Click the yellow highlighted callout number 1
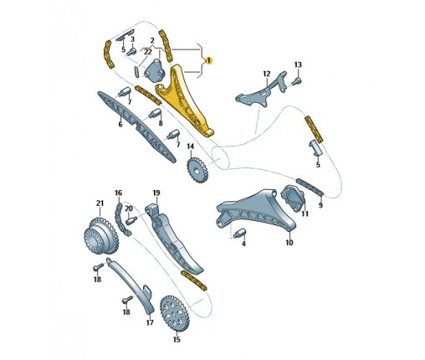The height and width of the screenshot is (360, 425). (x=208, y=60)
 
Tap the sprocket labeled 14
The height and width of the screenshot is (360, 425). (x=197, y=170)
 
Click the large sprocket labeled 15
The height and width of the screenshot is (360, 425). (x=173, y=314)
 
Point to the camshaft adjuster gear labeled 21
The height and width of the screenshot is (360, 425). (x=100, y=235)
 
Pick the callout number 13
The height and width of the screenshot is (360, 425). (x=298, y=64)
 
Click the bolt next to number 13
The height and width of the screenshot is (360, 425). (x=296, y=81)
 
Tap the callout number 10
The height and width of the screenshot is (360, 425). (x=289, y=242)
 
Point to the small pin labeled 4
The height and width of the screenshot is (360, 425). (x=240, y=234)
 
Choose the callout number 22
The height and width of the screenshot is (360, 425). (x=147, y=52)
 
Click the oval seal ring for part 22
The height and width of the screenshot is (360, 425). (x=136, y=72)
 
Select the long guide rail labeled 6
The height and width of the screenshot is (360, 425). (x=136, y=127)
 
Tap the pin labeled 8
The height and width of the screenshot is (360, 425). (x=155, y=114)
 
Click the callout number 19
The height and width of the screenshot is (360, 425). (x=156, y=193)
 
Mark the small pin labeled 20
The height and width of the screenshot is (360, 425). (x=131, y=220)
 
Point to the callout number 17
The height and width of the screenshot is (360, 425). (x=150, y=322)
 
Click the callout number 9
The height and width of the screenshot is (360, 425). (x=320, y=205)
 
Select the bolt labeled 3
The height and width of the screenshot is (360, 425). (x=131, y=52)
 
